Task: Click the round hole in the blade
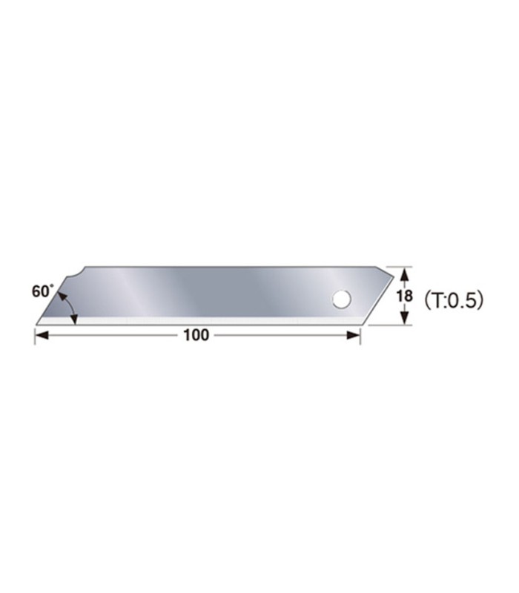point(341,299)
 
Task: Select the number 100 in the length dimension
point(196,335)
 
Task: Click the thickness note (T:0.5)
point(453,299)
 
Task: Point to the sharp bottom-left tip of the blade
point(37,323)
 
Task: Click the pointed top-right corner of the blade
point(393,275)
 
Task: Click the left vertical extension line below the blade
point(36,334)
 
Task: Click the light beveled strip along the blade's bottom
point(200,321)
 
